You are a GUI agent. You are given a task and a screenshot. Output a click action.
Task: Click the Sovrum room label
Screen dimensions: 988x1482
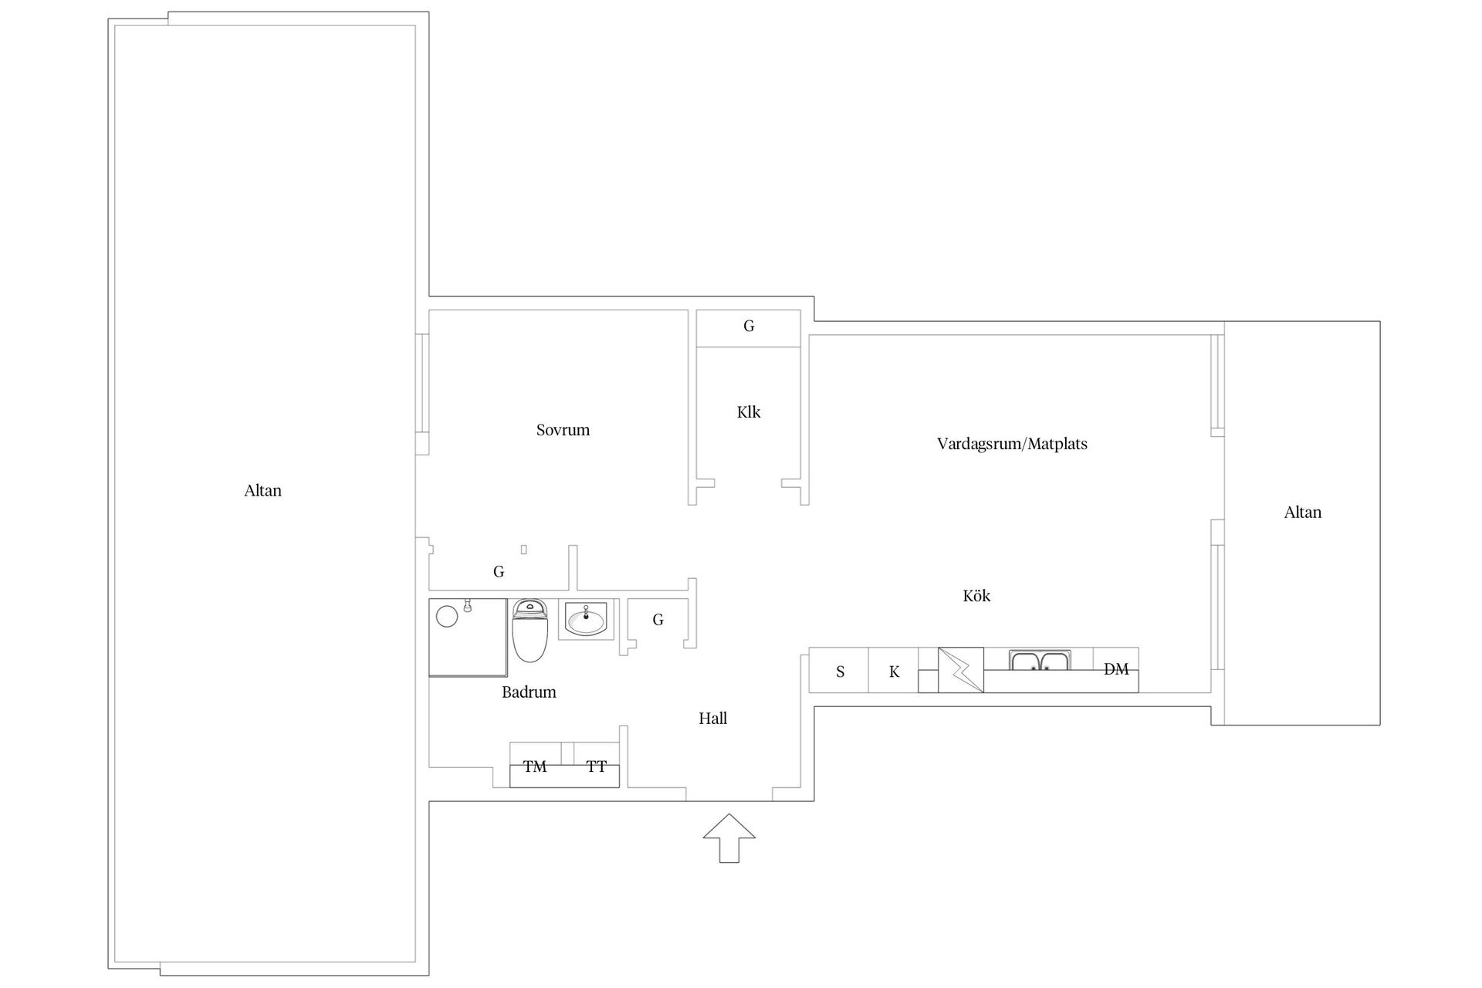click(563, 431)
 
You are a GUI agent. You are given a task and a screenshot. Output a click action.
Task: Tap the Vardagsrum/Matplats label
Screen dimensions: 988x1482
click(1012, 444)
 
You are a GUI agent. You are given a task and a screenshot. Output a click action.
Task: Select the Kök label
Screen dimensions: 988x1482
click(976, 596)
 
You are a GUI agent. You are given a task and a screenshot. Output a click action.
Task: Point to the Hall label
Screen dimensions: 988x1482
click(712, 719)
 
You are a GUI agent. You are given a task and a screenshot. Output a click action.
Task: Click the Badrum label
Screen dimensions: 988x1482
click(529, 692)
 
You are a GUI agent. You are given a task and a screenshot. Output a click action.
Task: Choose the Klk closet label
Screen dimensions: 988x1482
click(748, 412)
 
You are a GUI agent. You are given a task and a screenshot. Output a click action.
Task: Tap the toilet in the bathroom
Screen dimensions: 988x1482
click(530, 631)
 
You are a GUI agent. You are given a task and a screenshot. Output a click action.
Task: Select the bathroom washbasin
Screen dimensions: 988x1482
click(587, 619)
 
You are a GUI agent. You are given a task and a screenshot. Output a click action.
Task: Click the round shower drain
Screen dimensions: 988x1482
click(447, 616)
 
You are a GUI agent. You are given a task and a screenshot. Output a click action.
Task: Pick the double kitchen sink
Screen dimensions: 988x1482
click(1040, 661)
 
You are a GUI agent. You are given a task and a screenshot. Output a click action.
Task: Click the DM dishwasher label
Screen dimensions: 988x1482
click(1116, 669)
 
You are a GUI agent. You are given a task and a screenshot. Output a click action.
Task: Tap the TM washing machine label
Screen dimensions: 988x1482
click(535, 766)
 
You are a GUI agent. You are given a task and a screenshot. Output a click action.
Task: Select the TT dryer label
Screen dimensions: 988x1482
click(596, 766)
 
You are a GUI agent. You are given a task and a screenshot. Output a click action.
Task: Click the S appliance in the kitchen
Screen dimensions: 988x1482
click(840, 672)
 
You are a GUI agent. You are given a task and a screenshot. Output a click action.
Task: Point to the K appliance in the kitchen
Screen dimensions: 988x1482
click(894, 672)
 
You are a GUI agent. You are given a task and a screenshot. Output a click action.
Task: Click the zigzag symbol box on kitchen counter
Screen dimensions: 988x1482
click(961, 670)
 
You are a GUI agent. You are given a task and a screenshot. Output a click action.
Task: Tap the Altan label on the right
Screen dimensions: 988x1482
click(1302, 513)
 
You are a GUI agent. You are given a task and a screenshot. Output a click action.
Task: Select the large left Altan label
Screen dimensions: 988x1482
click(262, 491)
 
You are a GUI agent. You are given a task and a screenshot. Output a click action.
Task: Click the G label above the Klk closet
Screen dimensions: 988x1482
click(748, 327)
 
